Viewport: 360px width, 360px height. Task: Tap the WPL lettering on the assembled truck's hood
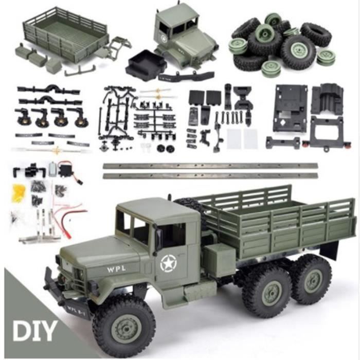tap(116, 269)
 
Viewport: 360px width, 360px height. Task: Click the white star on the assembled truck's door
tap(168, 264)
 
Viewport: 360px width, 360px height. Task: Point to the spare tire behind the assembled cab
tap(190, 206)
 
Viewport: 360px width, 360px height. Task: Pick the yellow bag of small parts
tap(20, 191)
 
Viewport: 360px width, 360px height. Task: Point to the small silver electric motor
tap(52, 170)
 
